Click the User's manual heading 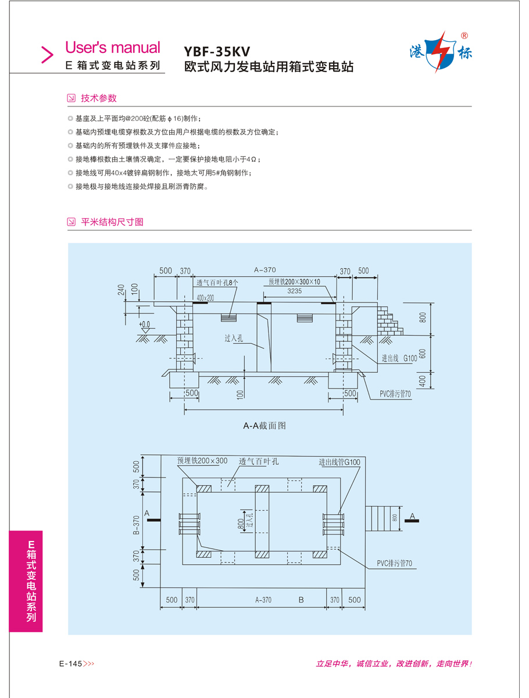[x=112, y=47]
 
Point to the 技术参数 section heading [x=98, y=98]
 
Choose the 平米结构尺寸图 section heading [x=112, y=222]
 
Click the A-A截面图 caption [x=264, y=426]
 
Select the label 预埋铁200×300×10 [x=294, y=282]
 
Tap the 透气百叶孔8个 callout [x=217, y=283]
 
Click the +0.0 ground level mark [x=144, y=324]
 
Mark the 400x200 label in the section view [x=205, y=298]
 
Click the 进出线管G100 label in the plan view [x=339, y=462]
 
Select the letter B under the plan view [x=301, y=600]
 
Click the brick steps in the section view [x=389, y=321]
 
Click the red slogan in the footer [x=394, y=664]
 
